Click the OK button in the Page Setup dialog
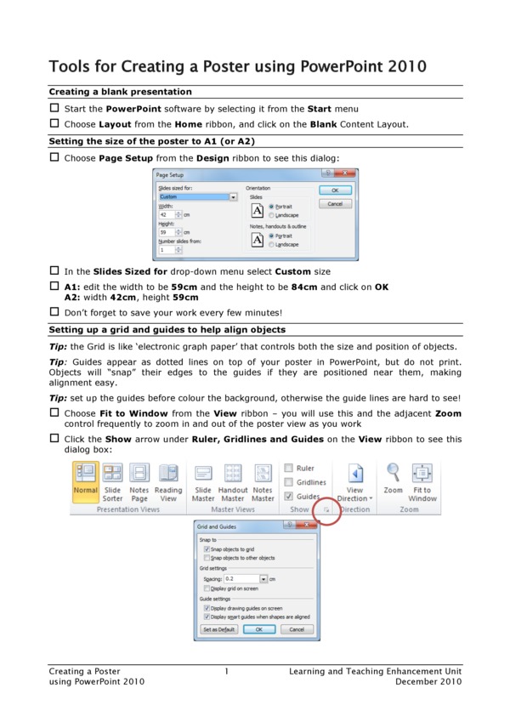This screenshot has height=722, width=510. pyautogui.click(x=335, y=190)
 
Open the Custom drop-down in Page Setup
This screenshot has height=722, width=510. pyautogui.click(x=233, y=197)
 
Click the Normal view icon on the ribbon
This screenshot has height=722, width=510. pyautogui.click(x=85, y=482)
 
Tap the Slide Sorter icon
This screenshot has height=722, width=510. pyautogui.click(x=112, y=482)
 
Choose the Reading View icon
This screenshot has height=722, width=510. pyautogui.click(x=168, y=482)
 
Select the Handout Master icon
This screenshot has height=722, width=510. pyautogui.click(x=233, y=482)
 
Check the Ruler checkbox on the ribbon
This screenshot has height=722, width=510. pyautogui.click(x=289, y=468)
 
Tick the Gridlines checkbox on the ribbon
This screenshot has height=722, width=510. pyautogui.click(x=289, y=482)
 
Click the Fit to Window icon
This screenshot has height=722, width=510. pyautogui.click(x=422, y=482)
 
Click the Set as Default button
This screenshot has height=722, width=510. pyautogui.click(x=219, y=629)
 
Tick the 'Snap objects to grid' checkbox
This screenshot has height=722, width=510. pyautogui.click(x=207, y=550)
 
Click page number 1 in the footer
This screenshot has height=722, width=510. pyautogui.click(x=227, y=672)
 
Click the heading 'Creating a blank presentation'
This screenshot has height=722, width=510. pyautogui.click(x=120, y=92)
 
